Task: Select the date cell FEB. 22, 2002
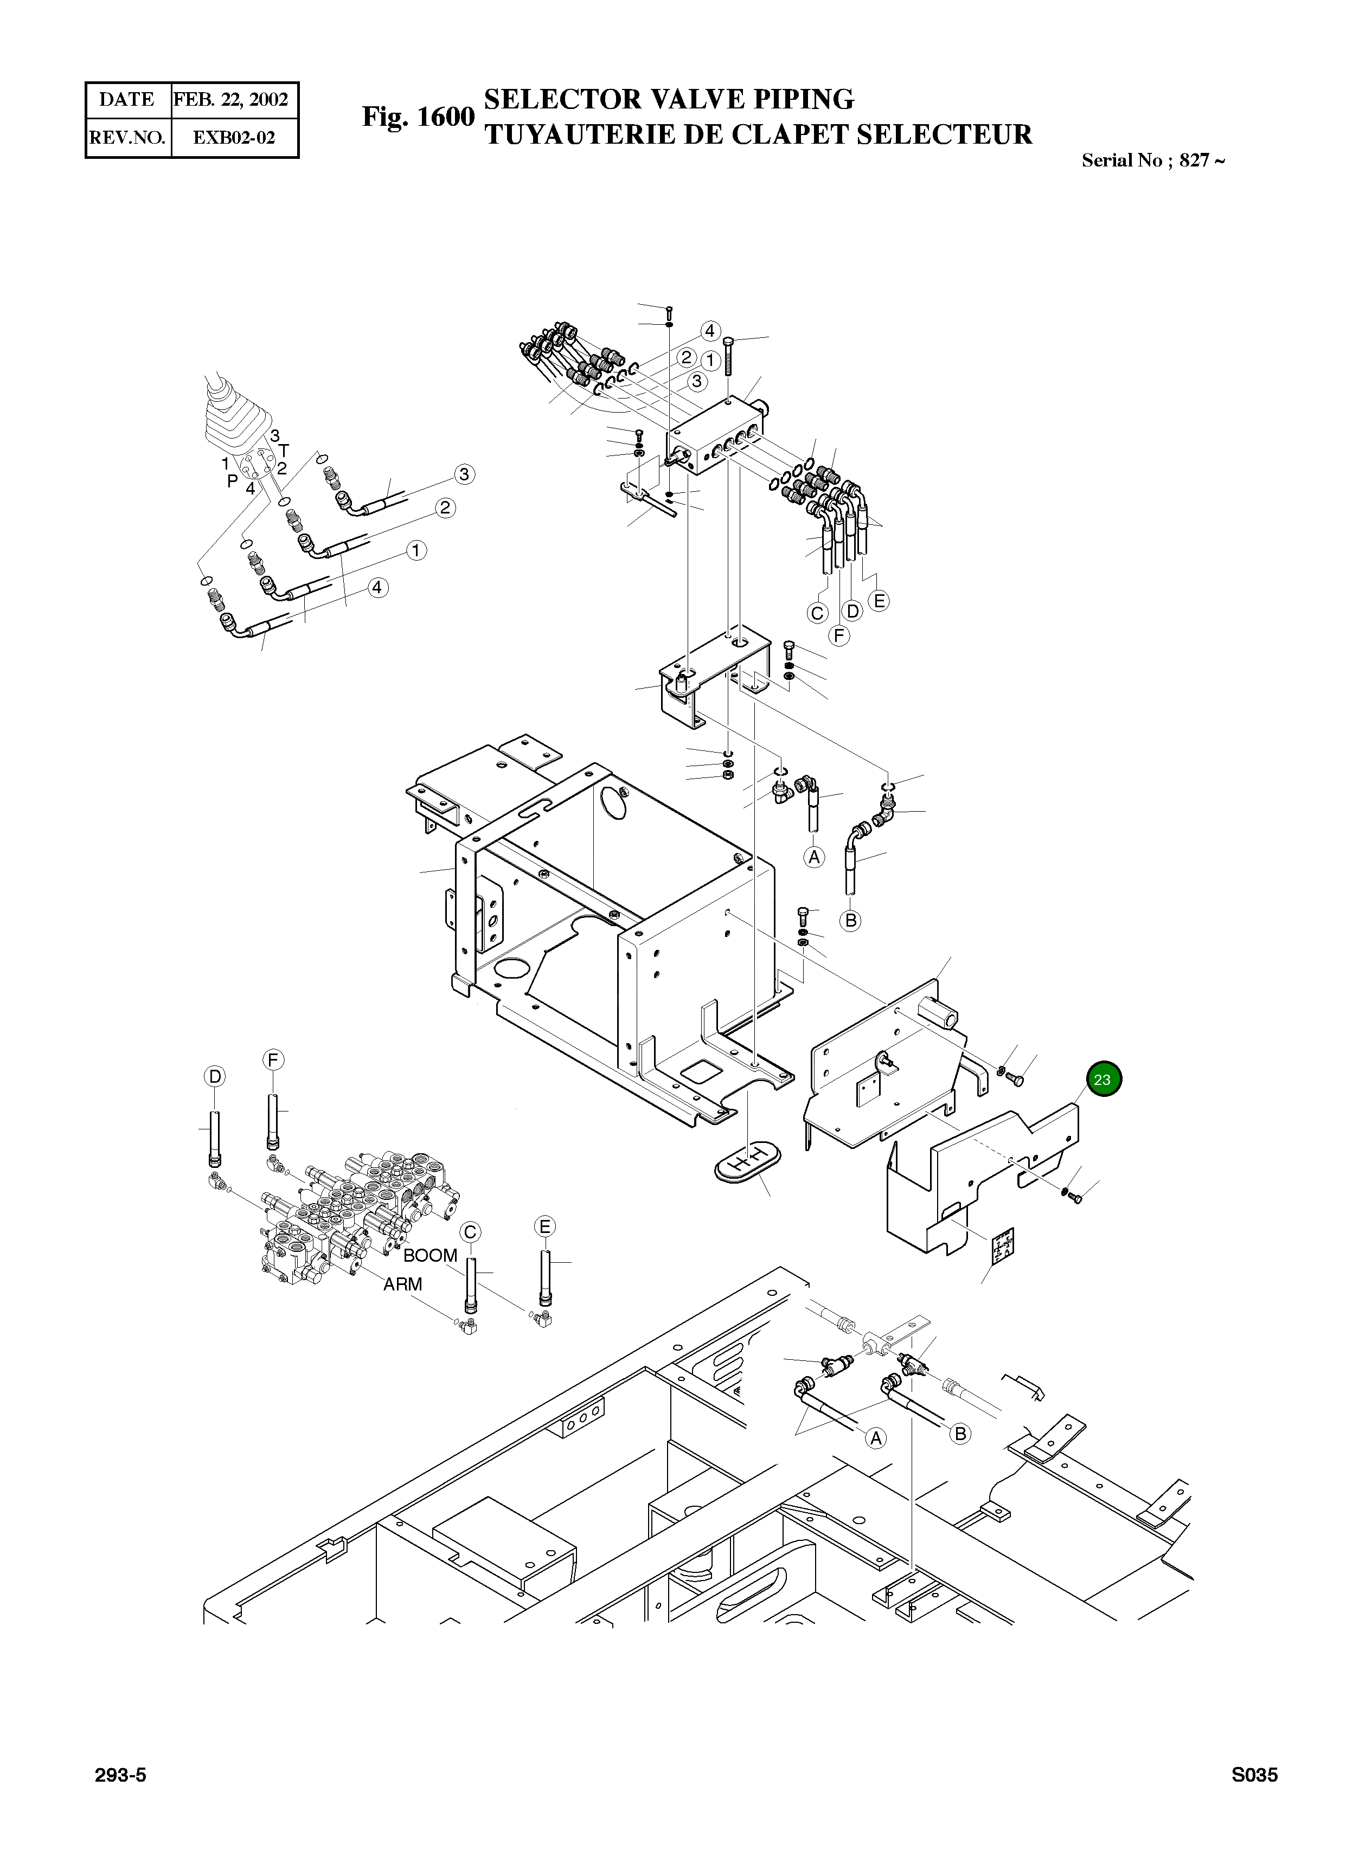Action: pyautogui.click(x=231, y=100)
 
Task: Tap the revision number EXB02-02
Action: pyautogui.click(x=234, y=137)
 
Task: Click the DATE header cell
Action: pyautogui.click(x=127, y=100)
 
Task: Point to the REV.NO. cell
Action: pyautogui.click(x=127, y=137)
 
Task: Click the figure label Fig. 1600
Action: pyautogui.click(x=418, y=117)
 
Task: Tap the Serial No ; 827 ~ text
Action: pyautogui.click(x=1153, y=160)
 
